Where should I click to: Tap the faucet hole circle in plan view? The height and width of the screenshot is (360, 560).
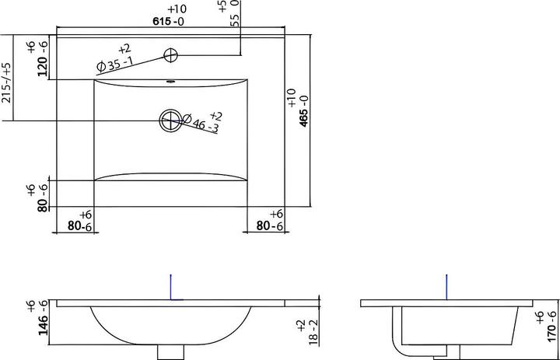click(170, 55)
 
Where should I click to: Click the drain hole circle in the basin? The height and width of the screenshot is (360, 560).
click(170, 121)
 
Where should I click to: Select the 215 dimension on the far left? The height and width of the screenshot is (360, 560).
click(7, 83)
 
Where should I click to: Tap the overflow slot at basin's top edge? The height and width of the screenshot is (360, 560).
click(170, 81)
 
